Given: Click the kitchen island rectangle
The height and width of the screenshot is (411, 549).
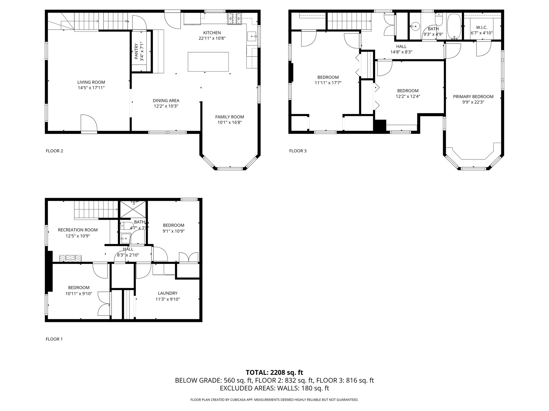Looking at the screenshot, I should (208, 62).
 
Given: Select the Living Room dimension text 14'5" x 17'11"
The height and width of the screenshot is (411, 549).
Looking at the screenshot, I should (91, 88).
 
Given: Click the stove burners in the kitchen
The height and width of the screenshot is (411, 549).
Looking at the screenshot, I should (235, 19).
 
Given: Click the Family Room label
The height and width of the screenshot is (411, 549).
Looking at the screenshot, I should (229, 117).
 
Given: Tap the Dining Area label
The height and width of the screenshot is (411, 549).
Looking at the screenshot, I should (166, 101).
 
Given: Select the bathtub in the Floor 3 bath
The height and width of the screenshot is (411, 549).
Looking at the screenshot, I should (454, 26).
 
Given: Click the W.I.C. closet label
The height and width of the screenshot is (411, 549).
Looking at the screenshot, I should (481, 28).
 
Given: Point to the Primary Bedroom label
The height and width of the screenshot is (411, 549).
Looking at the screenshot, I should (473, 97).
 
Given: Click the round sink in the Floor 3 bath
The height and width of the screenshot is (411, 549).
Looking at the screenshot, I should (415, 26).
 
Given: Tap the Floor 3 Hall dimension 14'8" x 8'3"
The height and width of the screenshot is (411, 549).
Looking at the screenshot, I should (401, 52).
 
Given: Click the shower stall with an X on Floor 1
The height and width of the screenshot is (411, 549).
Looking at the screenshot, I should (133, 209).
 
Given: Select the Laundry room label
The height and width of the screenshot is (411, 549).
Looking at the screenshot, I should (168, 293).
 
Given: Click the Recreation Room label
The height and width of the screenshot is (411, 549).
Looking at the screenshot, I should (78, 230).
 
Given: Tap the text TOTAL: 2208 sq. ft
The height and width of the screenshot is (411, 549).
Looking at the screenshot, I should (274, 372).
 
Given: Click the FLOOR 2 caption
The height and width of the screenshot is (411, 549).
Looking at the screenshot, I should (54, 151).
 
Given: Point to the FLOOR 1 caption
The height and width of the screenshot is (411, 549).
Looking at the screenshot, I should (54, 339).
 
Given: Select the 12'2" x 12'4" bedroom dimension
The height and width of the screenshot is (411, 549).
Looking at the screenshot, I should (408, 97).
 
